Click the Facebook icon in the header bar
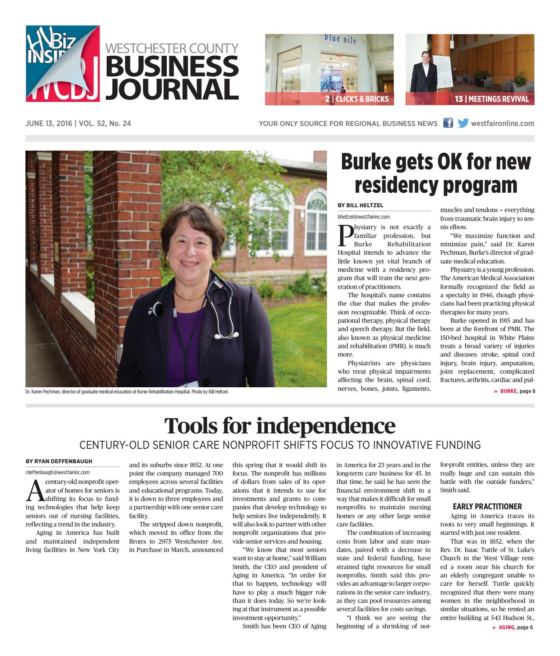448,123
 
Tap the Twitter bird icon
463,123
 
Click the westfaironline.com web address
503,124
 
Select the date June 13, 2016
49,124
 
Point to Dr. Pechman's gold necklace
190,295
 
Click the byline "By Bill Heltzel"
360,205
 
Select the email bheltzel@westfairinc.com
363,217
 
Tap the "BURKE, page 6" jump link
514,391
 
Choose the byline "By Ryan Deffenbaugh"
59,461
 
